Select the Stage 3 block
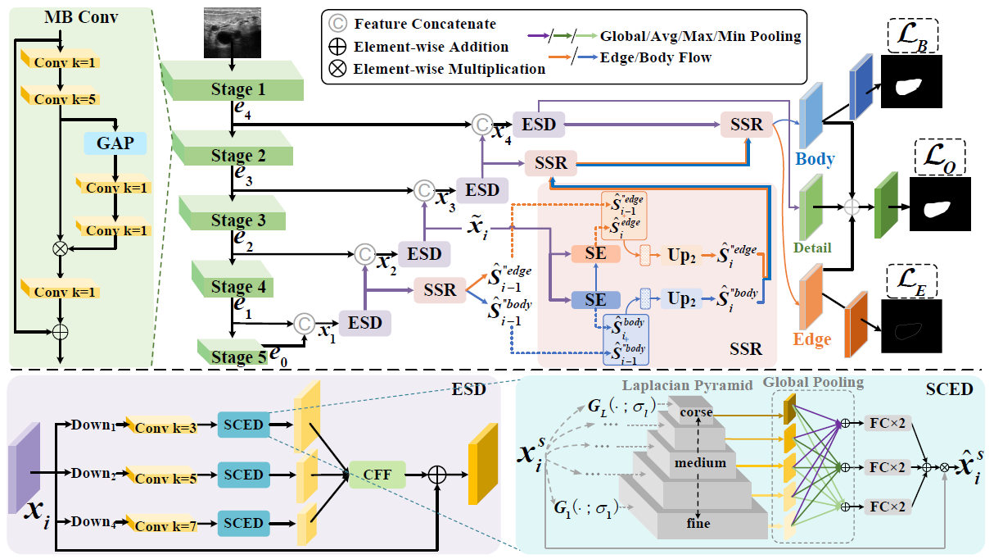[233, 220]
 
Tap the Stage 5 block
[237, 355]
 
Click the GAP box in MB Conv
[115, 143]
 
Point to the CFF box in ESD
[377, 475]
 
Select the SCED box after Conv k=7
[242, 523]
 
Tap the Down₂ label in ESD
[89, 474]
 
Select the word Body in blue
[814, 159]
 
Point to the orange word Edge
[811, 339]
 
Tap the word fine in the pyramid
[698, 523]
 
